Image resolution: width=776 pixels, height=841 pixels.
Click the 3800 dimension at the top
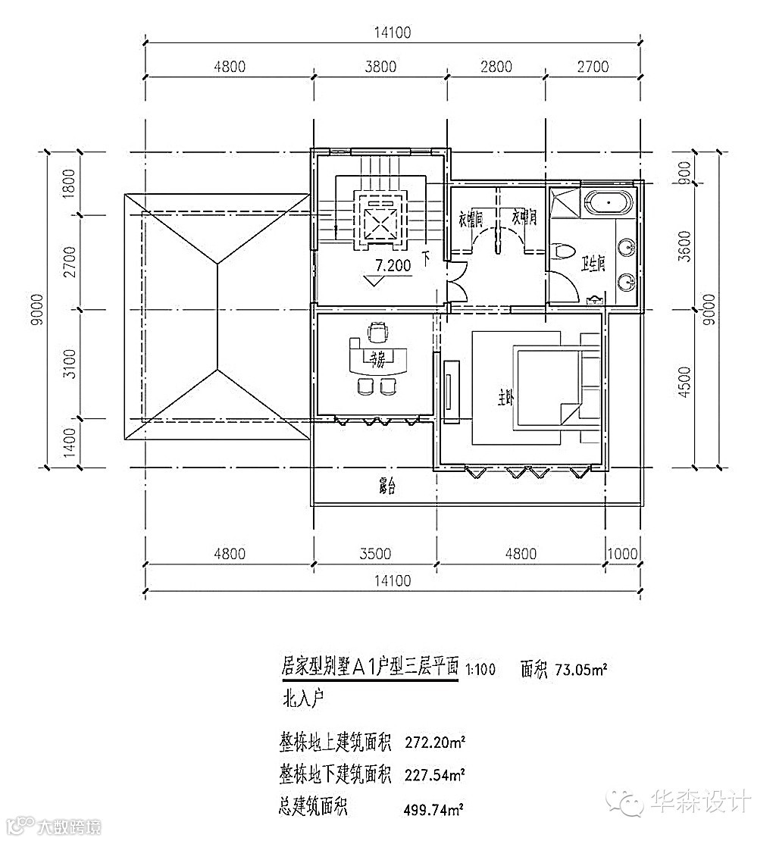click(x=380, y=67)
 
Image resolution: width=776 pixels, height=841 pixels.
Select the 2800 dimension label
click(x=496, y=67)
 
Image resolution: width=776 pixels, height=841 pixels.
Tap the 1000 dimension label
click(x=623, y=554)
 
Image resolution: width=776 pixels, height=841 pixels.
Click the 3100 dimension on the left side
click(x=70, y=364)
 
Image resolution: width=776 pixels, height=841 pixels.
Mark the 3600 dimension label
click(x=684, y=245)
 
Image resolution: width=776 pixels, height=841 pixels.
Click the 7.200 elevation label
click(x=393, y=266)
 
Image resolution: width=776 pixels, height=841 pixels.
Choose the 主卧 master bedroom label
click(x=505, y=398)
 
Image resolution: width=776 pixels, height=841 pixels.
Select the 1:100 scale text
click(x=481, y=669)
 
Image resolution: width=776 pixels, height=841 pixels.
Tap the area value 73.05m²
click(x=582, y=669)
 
